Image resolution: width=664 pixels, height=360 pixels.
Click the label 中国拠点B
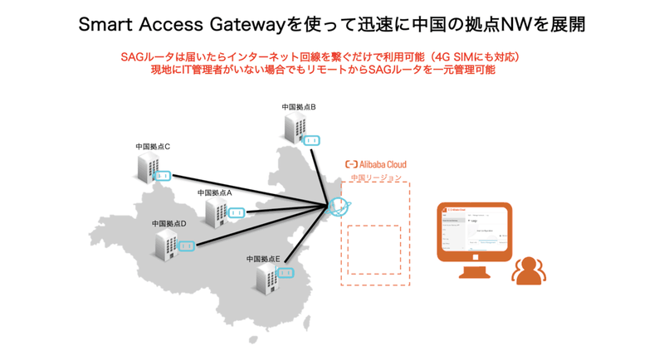tap(299, 107)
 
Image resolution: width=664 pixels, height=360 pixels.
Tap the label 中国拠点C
tap(153, 147)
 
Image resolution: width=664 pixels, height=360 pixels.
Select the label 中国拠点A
tap(215, 192)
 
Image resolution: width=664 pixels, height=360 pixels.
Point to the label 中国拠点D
tap(169, 223)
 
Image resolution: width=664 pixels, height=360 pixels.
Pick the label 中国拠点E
tap(263, 259)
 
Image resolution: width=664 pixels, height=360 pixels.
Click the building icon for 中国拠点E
tap(266, 280)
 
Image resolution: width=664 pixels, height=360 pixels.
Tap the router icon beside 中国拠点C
tap(164, 176)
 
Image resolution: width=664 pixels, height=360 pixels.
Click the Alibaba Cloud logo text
tap(376, 164)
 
